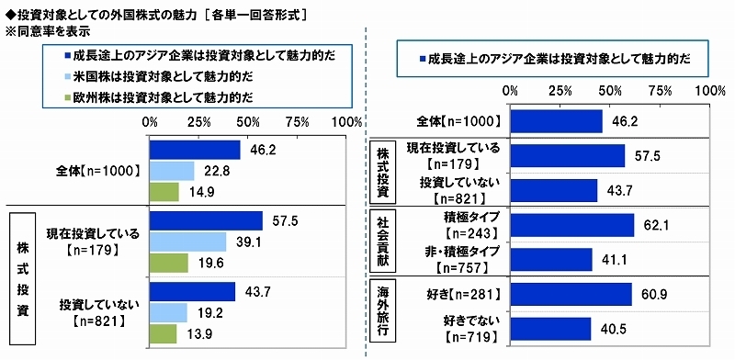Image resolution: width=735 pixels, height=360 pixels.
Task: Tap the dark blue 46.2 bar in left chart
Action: point(194,150)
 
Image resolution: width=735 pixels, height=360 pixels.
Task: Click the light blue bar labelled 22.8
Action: point(171,171)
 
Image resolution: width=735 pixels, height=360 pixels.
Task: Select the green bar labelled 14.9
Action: point(164,191)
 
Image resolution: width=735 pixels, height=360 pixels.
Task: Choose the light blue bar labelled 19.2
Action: point(167,312)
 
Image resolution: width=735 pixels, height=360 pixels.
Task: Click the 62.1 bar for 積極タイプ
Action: point(571,225)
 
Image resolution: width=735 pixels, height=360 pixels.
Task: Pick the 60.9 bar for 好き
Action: point(571,294)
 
